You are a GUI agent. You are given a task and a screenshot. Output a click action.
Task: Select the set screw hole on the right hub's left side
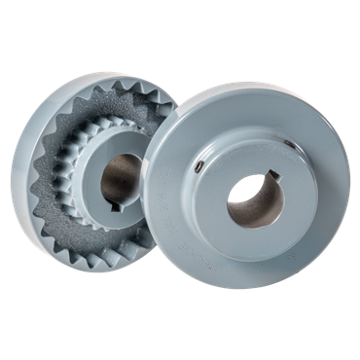coord(198,168)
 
